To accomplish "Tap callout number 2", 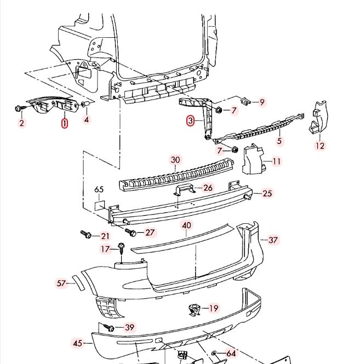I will [22, 123].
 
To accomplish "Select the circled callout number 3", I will [190, 121].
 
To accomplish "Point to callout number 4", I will [86, 119].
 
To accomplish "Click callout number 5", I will [279, 141].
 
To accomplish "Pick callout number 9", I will [262, 102].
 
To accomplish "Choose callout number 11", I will [276, 161].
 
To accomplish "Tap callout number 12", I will [320, 146].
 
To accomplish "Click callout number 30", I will [175, 160].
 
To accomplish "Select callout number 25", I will [267, 193].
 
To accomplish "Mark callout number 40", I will [186, 225].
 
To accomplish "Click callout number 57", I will [61, 283].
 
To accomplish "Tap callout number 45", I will [77, 343].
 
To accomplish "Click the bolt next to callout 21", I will [86, 234].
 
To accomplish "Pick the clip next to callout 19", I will [194, 309].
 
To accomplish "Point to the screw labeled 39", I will [110, 328].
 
